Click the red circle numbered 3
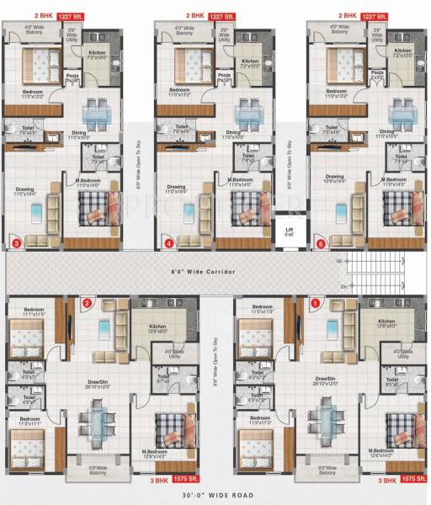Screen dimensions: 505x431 coord(17,244)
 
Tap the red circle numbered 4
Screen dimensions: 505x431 coord(170,244)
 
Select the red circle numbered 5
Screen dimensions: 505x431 coord(320,244)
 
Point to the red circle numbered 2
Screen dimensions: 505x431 coord(86,303)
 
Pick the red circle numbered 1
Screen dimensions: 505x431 coord(317,303)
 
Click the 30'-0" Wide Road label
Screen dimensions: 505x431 coord(215,497)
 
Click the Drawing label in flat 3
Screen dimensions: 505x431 coord(25,189)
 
